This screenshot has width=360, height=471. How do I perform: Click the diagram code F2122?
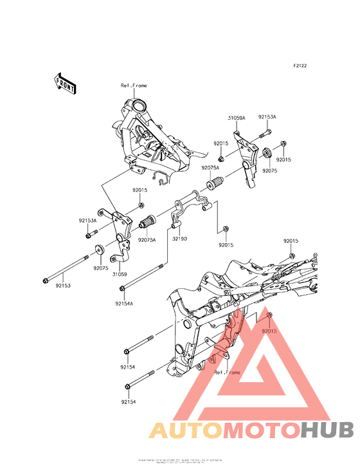pos(300,66)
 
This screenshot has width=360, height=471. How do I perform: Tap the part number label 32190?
pos(179,238)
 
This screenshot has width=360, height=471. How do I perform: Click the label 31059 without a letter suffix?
pos(120,273)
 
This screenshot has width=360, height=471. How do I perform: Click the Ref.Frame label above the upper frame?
pos(134,86)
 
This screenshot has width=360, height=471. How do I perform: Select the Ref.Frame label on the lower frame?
pos(227,373)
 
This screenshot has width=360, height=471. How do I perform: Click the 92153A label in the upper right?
pos(267,117)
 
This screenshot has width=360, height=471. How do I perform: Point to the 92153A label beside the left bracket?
pos(88,220)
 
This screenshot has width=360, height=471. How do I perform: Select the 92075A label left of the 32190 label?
pos(147,238)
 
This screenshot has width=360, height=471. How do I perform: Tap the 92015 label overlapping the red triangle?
pos(269,331)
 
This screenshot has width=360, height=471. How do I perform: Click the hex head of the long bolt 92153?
pos(46,280)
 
